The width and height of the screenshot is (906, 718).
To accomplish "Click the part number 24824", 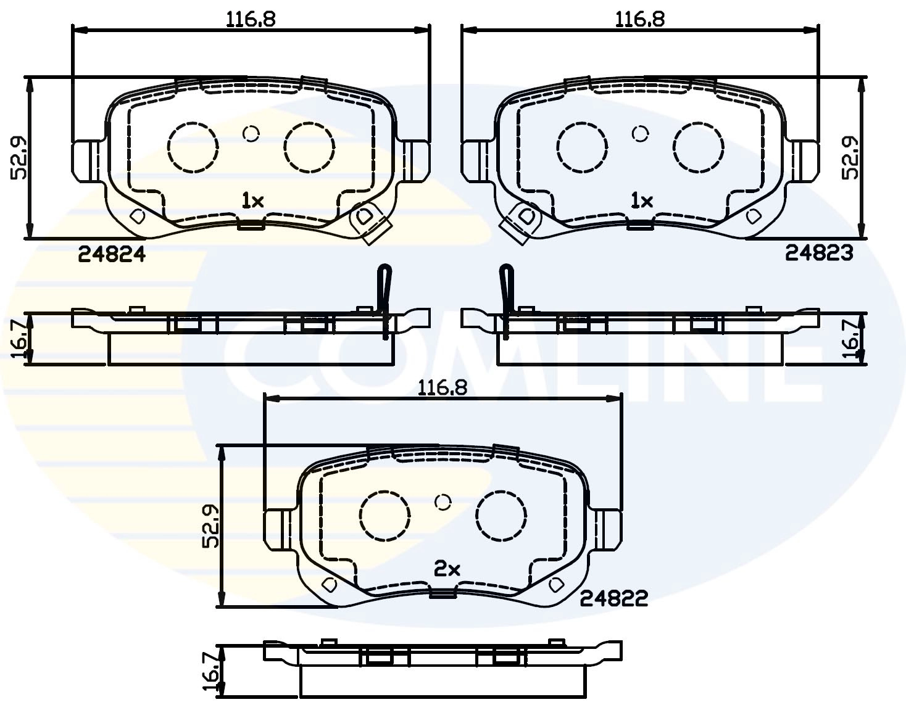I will point(112,254).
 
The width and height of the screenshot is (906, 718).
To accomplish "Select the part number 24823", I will point(819,252).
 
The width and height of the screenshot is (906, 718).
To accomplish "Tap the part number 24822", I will point(614,598).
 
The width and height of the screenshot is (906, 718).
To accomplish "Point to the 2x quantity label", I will point(447,569).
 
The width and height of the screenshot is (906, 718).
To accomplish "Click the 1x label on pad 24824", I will point(252,200).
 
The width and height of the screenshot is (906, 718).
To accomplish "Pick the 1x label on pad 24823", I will point(641,200).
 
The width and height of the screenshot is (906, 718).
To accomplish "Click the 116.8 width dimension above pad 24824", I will point(251,19).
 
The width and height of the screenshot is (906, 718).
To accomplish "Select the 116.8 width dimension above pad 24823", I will point(640,19).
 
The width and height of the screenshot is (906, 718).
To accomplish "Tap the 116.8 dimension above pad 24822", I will point(443,388).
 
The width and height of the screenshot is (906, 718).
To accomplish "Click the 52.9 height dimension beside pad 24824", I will point(19,158).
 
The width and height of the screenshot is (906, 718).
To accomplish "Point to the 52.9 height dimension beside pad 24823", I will point(851,158).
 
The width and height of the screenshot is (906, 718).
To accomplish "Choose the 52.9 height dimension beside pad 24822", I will point(210,526).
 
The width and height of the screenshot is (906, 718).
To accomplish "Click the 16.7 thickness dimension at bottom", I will point(210,672).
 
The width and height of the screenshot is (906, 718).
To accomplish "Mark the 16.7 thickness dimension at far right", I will point(852,338).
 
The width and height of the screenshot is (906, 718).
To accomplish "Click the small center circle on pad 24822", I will point(443,502).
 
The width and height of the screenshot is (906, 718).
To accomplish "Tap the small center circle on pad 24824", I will point(251,133).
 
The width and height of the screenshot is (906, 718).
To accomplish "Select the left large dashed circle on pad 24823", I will point(581,147).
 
